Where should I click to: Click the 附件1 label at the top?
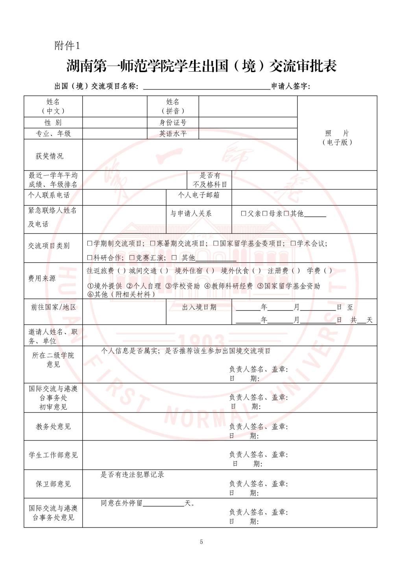67,46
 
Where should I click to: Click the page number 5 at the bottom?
201,542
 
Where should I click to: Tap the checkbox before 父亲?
244,214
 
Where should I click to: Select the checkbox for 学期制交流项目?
90,243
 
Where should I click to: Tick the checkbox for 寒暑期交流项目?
153,243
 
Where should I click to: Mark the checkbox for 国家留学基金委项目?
216,243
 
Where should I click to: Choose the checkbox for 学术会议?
293,243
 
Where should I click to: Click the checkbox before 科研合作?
90,258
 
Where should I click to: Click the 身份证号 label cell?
173,123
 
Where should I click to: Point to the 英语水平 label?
173,134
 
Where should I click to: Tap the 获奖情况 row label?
49,156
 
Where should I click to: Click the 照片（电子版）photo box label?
337,137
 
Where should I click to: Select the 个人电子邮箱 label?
199,195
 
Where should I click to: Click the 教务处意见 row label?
53,427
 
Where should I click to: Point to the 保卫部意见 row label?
53,484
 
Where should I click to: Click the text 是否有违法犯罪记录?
132,475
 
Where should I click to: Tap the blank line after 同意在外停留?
164,503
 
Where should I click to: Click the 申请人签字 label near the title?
290,86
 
